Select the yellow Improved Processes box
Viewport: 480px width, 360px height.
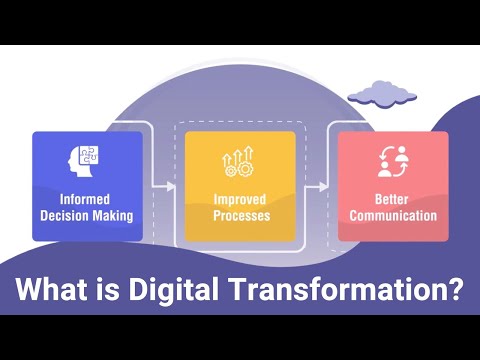(240, 185)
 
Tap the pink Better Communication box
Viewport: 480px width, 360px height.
(392, 185)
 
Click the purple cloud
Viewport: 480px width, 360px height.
(380, 94)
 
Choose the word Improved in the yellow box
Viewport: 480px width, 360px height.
(240, 200)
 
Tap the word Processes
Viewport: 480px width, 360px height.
(240, 215)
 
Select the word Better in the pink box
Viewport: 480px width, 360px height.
(392, 200)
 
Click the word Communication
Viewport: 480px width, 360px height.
(392, 215)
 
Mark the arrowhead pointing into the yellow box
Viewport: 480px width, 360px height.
(171, 185)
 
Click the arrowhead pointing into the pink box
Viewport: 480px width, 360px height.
(325, 185)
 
